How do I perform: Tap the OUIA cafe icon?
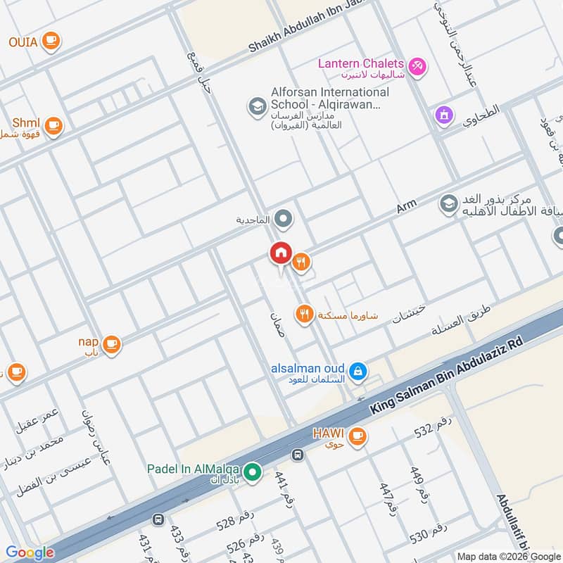pyautogui.click(x=50, y=41)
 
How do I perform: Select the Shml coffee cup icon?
pyautogui.click(x=53, y=126)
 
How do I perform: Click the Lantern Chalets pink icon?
pyautogui.click(x=417, y=65)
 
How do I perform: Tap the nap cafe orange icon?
pyautogui.click(x=111, y=344)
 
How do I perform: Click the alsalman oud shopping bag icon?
pyautogui.click(x=358, y=370)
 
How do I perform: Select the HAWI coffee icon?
pyautogui.click(x=358, y=436)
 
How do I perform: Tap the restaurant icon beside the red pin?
pyautogui.click(x=302, y=262)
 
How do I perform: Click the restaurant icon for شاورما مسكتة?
pyautogui.click(x=305, y=314)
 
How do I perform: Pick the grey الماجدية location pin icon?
pyautogui.click(x=284, y=220)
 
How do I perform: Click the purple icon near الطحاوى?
pyautogui.click(x=443, y=114)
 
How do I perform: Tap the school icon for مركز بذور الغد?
pyautogui.click(x=448, y=204)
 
